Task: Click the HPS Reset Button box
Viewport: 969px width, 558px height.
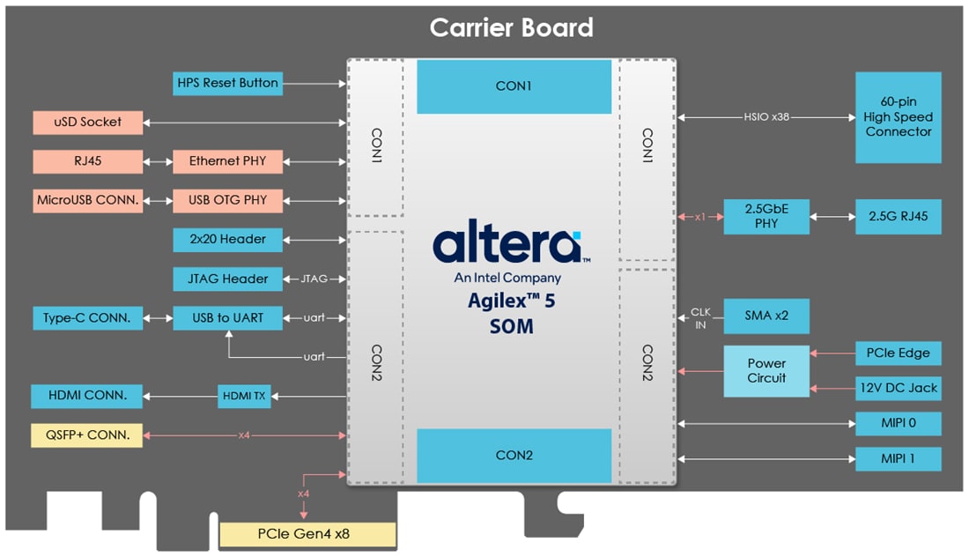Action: pos(228,83)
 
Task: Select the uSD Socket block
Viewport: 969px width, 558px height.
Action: pos(88,122)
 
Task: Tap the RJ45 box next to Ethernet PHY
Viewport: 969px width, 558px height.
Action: pos(88,161)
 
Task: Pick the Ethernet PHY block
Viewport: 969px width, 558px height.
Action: pos(227,161)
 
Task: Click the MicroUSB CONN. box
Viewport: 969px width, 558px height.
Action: pos(88,200)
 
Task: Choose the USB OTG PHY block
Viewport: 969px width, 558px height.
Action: pos(227,200)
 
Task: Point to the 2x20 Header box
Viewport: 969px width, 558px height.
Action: pos(227,239)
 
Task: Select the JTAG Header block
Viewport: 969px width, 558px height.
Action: pos(227,279)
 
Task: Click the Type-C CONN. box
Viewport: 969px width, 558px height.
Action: pos(88,318)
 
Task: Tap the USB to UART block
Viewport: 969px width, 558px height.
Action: pos(227,318)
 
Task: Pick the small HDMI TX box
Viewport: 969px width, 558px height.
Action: pos(244,397)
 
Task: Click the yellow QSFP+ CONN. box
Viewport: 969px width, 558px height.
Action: pos(86,435)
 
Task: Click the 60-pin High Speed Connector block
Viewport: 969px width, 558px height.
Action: pos(898,117)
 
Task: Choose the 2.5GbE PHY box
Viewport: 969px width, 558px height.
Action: pos(766,216)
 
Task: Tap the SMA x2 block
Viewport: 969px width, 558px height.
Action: pos(766,316)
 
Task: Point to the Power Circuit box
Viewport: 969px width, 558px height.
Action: pos(766,370)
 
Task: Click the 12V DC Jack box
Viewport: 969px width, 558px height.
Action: pos(898,388)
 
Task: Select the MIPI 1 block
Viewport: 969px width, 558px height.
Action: pos(898,458)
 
